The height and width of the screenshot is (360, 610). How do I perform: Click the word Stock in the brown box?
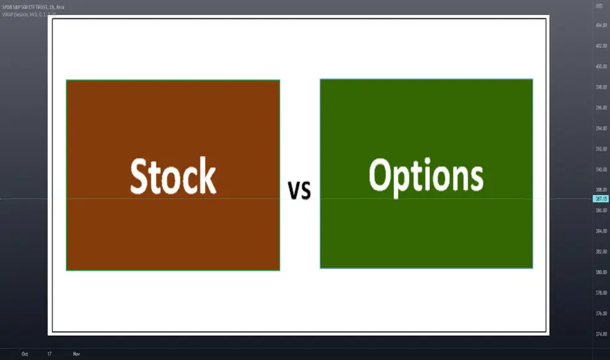[173, 176]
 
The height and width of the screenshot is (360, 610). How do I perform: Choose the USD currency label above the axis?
[598, 7]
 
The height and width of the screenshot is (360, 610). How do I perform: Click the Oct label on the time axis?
[25, 354]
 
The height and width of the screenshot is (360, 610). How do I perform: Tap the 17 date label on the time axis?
[50, 354]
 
